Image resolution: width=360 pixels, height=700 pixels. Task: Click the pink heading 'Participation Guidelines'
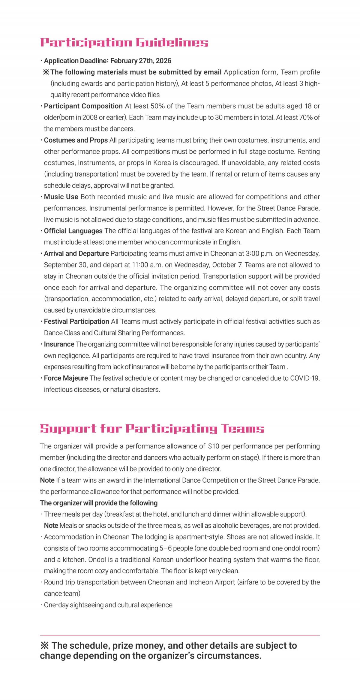tap(124, 42)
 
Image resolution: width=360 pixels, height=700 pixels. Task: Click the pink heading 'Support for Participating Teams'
tap(152, 429)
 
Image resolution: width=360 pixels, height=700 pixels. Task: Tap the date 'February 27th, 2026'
tap(141, 61)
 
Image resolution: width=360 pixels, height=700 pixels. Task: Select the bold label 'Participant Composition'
tap(83, 106)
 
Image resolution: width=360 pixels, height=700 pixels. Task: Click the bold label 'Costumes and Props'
tap(76, 140)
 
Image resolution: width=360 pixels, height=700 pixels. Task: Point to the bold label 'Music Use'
tap(61, 197)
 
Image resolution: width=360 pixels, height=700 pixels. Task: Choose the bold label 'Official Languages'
tap(73, 231)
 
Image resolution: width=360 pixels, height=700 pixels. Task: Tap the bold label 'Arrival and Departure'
tap(76, 254)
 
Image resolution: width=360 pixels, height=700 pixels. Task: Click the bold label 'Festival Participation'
tap(76, 322)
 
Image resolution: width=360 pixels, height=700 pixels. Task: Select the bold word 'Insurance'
tap(59, 344)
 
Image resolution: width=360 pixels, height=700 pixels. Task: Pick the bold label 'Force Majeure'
tap(66, 378)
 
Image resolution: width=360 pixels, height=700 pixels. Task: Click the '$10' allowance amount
tap(213, 446)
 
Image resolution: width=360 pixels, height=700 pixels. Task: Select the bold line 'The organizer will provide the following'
tap(99, 503)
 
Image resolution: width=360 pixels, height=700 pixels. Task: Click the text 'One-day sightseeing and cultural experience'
tap(108, 605)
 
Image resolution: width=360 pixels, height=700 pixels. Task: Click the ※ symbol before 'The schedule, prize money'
tap(44, 646)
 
